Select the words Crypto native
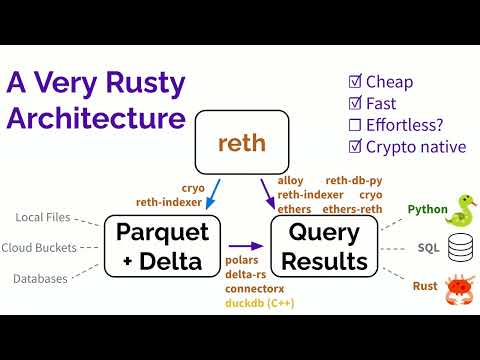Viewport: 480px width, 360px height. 417,147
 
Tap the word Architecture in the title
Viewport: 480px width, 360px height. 96,117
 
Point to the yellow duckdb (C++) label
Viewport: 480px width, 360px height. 237,301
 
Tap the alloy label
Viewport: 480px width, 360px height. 291,181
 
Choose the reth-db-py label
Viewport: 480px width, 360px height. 354,181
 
